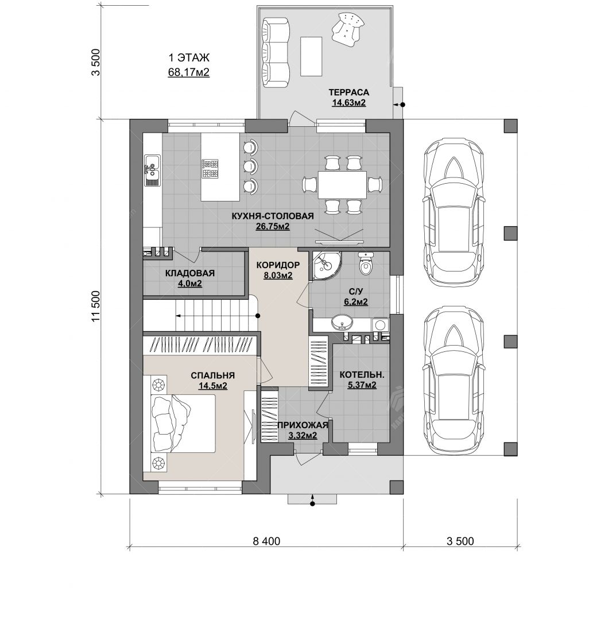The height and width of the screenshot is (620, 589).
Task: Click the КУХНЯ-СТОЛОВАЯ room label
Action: click(x=272, y=216)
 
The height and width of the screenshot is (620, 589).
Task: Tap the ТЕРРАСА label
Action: click(x=348, y=92)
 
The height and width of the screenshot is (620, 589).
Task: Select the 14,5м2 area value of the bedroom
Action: click(x=212, y=386)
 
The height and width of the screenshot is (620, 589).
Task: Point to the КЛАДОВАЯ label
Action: click(x=190, y=273)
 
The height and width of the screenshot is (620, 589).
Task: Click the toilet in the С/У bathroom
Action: click(x=366, y=264)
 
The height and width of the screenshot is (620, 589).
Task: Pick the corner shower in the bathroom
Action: click(x=327, y=265)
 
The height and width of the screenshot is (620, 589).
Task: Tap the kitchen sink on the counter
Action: click(x=152, y=170)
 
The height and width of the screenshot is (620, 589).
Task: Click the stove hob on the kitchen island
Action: click(x=210, y=168)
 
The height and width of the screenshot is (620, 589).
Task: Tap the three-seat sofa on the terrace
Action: click(x=275, y=53)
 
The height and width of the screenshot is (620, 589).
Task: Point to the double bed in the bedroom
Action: click(x=184, y=423)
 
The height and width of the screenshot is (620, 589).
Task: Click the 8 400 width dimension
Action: click(x=266, y=541)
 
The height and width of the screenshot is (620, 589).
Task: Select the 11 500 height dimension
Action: click(x=96, y=307)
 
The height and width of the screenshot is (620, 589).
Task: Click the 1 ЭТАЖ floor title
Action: click(x=189, y=58)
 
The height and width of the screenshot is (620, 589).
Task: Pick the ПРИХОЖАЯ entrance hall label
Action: click(x=303, y=425)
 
